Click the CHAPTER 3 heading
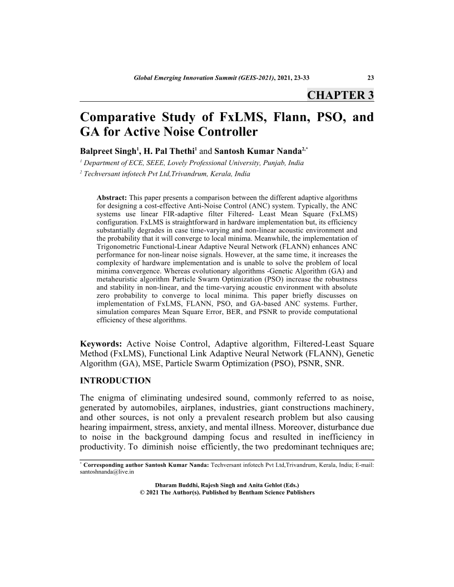pos(340,94)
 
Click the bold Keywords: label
pos(102,343)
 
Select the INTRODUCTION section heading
pos(116,381)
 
